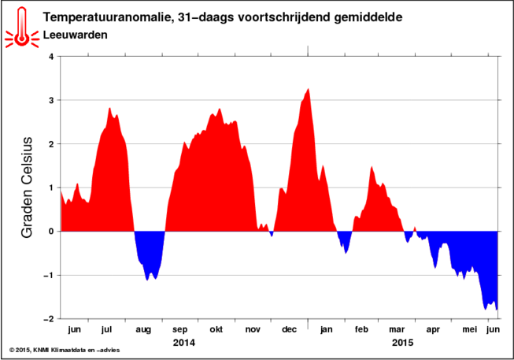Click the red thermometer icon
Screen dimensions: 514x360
click(21, 28)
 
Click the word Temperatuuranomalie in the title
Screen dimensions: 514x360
click(106, 17)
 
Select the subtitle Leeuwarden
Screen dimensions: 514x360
click(76, 35)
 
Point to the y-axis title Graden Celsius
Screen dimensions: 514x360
click(27, 187)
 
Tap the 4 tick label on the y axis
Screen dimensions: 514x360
click(51, 57)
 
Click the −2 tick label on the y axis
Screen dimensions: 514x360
click(48, 319)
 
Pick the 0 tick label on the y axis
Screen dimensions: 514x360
click(51, 232)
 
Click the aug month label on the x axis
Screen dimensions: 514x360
click(143, 330)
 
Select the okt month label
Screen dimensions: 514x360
click(216, 329)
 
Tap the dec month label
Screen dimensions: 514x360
click(289, 329)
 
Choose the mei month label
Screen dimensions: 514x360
click(469, 329)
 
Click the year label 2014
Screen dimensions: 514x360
click(184, 343)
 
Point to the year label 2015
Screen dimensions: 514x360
click(402, 343)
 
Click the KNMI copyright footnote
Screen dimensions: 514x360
click(65, 351)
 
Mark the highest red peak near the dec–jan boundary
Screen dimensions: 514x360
click(308, 89)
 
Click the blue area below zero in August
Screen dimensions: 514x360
click(150, 253)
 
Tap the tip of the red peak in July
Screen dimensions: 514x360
click(110, 108)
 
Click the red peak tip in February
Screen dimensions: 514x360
click(372, 167)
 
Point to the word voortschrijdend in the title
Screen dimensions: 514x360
click(283, 17)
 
